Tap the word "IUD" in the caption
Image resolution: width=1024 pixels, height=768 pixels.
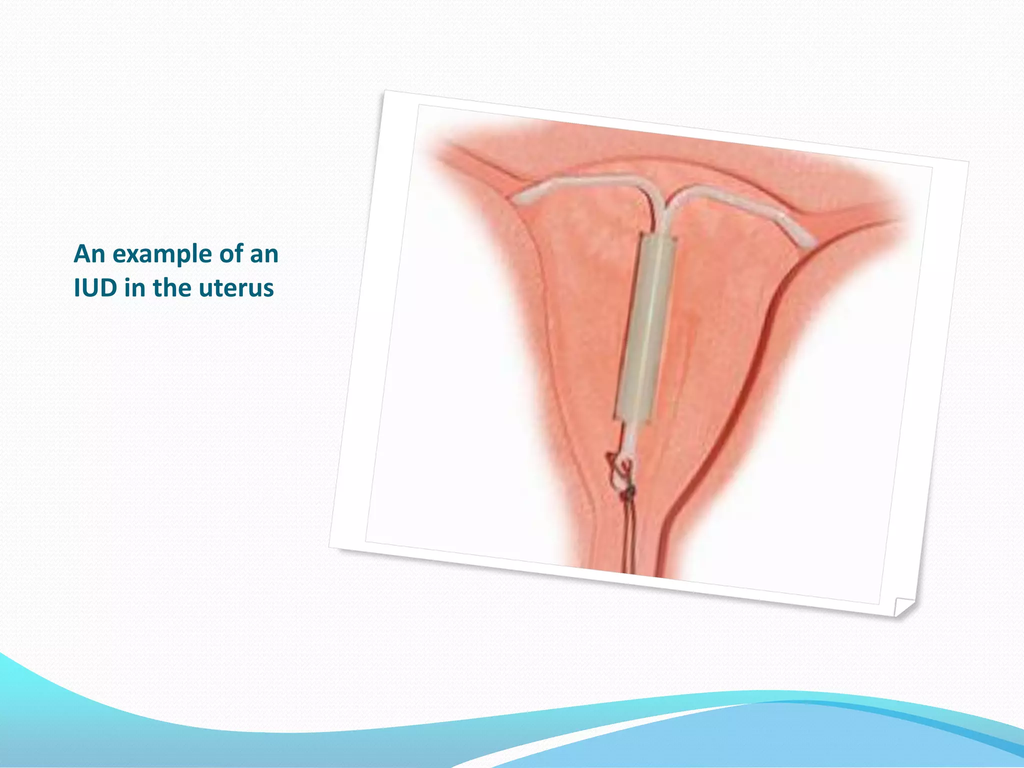click(x=95, y=288)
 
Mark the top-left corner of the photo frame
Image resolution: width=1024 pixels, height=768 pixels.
click(x=385, y=91)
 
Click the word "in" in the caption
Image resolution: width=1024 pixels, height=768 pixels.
click(x=134, y=288)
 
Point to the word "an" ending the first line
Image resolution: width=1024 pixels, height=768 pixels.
click(x=264, y=254)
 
